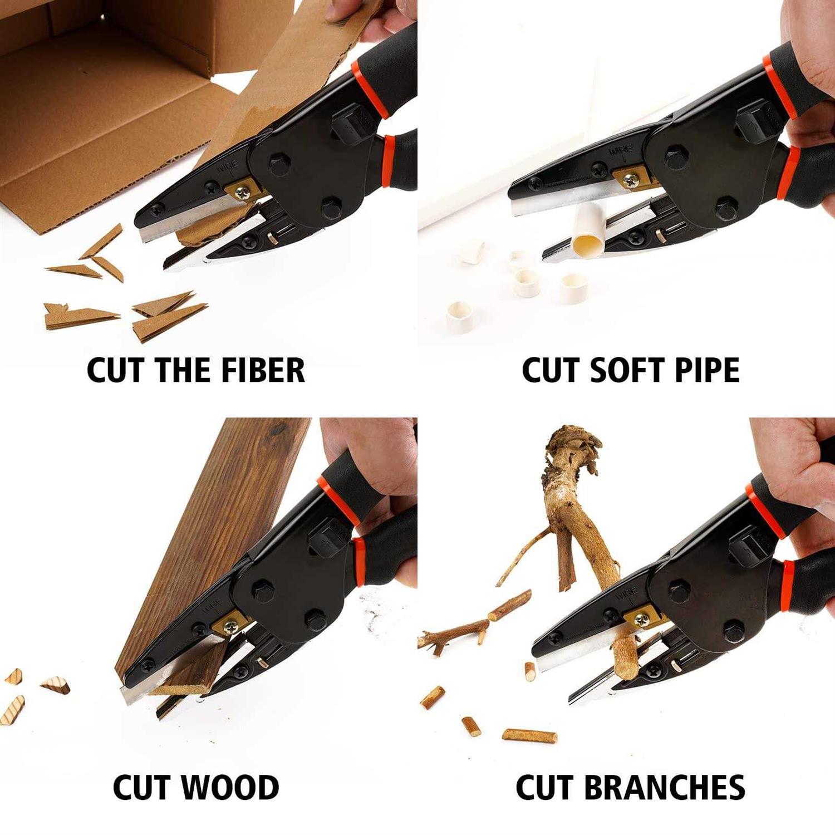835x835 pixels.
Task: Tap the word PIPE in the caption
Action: pos(707,370)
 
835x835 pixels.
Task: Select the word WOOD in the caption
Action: pos(230,787)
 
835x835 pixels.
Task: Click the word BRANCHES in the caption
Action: pos(665,787)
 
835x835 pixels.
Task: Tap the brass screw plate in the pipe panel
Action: pos(631,179)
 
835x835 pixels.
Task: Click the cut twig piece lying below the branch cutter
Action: pos(529,735)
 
